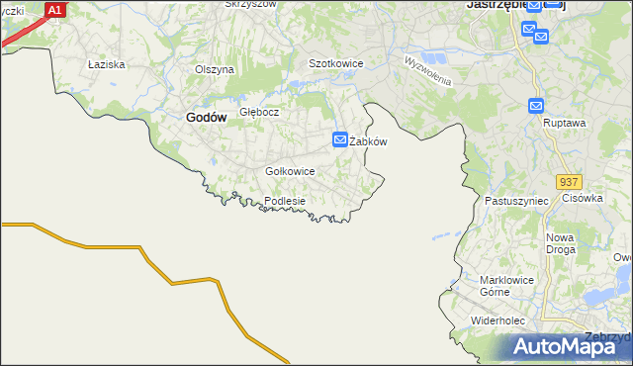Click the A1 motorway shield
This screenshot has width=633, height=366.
[x=55, y=10]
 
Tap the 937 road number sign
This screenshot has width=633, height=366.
[x=568, y=183]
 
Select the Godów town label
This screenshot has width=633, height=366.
[x=206, y=117]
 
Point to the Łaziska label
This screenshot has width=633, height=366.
[x=105, y=64]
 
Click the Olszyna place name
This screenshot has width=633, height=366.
[x=214, y=69]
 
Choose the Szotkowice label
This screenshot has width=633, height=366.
[x=336, y=63]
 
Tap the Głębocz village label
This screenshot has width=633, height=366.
[x=259, y=112]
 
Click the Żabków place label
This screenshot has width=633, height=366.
[x=368, y=141]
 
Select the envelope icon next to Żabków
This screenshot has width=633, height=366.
[x=340, y=140]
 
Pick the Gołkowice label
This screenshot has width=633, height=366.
[x=290, y=171]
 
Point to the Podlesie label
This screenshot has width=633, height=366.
[x=284, y=201]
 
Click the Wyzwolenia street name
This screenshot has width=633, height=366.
[x=427, y=70]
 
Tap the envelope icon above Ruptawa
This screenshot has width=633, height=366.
[x=536, y=106]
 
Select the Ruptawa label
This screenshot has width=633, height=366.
[x=565, y=124]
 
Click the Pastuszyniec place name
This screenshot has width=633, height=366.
[x=516, y=201]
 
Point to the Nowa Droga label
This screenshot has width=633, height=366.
[x=560, y=244]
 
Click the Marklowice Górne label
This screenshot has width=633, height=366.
[x=506, y=286]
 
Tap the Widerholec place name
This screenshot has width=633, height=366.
[x=503, y=321]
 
